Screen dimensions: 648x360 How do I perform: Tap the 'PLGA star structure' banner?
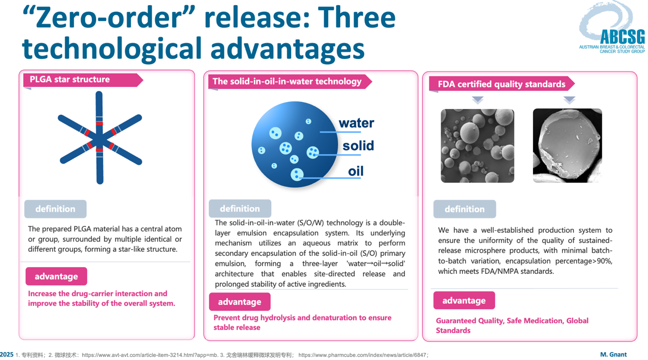[x=83, y=80]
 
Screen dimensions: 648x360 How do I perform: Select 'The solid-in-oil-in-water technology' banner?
[x=290, y=82]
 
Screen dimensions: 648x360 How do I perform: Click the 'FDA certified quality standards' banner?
[x=501, y=84]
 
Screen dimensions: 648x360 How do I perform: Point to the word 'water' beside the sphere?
[x=356, y=123]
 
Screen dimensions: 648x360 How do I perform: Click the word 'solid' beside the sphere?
[x=358, y=146]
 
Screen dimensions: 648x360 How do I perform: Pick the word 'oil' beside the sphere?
[x=356, y=171]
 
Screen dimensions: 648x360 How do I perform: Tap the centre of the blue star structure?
[x=100, y=139]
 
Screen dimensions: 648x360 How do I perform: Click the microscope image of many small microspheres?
[x=477, y=146]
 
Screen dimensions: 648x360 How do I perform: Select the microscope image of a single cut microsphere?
[x=568, y=146]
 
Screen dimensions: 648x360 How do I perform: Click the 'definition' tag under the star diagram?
[x=55, y=209]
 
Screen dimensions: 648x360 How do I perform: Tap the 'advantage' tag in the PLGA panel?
[x=56, y=276]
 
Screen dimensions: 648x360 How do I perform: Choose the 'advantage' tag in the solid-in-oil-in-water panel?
[x=240, y=302]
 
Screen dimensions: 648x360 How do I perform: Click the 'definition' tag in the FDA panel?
[x=465, y=209]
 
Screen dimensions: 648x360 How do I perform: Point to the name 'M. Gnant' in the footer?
[x=613, y=354]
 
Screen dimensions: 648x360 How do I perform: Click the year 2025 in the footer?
[x=6, y=354]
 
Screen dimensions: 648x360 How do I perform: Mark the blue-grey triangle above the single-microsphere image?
[x=569, y=100]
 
